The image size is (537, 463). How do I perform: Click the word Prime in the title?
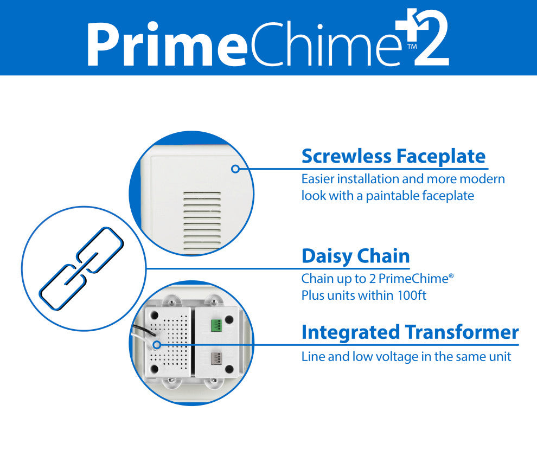pos(168,44)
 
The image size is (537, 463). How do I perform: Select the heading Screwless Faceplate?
pos(393,157)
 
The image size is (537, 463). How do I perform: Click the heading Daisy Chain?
pos(355,256)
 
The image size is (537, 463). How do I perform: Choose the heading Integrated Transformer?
pos(410,332)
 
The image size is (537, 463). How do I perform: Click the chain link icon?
pos(81,268)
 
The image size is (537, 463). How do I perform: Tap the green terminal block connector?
pos(216,325)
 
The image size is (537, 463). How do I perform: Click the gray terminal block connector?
pos(216,358)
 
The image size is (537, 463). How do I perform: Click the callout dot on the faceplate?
pos(235,169)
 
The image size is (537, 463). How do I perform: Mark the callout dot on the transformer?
pos(157,345)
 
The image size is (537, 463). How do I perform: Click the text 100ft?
pos(412,295)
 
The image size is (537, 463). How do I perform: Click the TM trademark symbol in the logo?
pos(412,46)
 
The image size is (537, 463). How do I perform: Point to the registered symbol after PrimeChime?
pos(451,275)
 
